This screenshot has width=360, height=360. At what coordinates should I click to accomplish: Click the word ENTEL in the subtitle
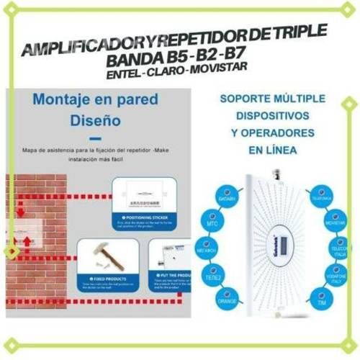pyautogui.click(x=125, y=75)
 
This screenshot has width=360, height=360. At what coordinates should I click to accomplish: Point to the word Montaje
pyautogui.click(x=66, y=100)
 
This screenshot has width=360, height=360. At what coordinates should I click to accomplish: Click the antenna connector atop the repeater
pyautogui.click(x=276, y=174)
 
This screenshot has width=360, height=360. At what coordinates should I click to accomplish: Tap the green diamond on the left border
pyautogui.click(x=11, y=251)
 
